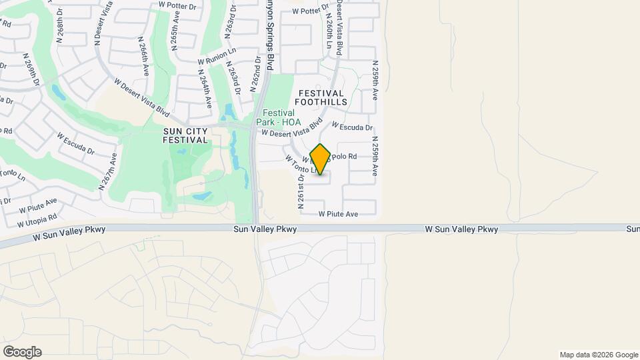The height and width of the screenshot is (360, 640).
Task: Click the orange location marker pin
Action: pyautogui.click(x=320, y=159)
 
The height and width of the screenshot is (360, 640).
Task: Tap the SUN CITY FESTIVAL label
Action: pyautogui.click(x=185, y=135)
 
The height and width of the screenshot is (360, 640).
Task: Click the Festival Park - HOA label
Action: pyautogui.click(x=281, y=118)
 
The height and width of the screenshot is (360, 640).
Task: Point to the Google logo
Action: pyautogui.click(x=22, y=352)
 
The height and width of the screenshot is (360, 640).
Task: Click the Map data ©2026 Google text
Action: pyautogui.click(x=598, y=355)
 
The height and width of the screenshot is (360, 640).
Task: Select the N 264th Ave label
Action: pyautogui.click(x=205, y=92)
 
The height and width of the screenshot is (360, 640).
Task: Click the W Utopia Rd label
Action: pyautogui.click(x=37, y=220)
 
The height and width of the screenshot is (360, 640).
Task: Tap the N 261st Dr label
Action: pyautogui.click(x=301, y=189)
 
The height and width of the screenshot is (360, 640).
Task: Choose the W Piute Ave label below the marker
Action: pyautogui.click(x=338, y=214)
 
